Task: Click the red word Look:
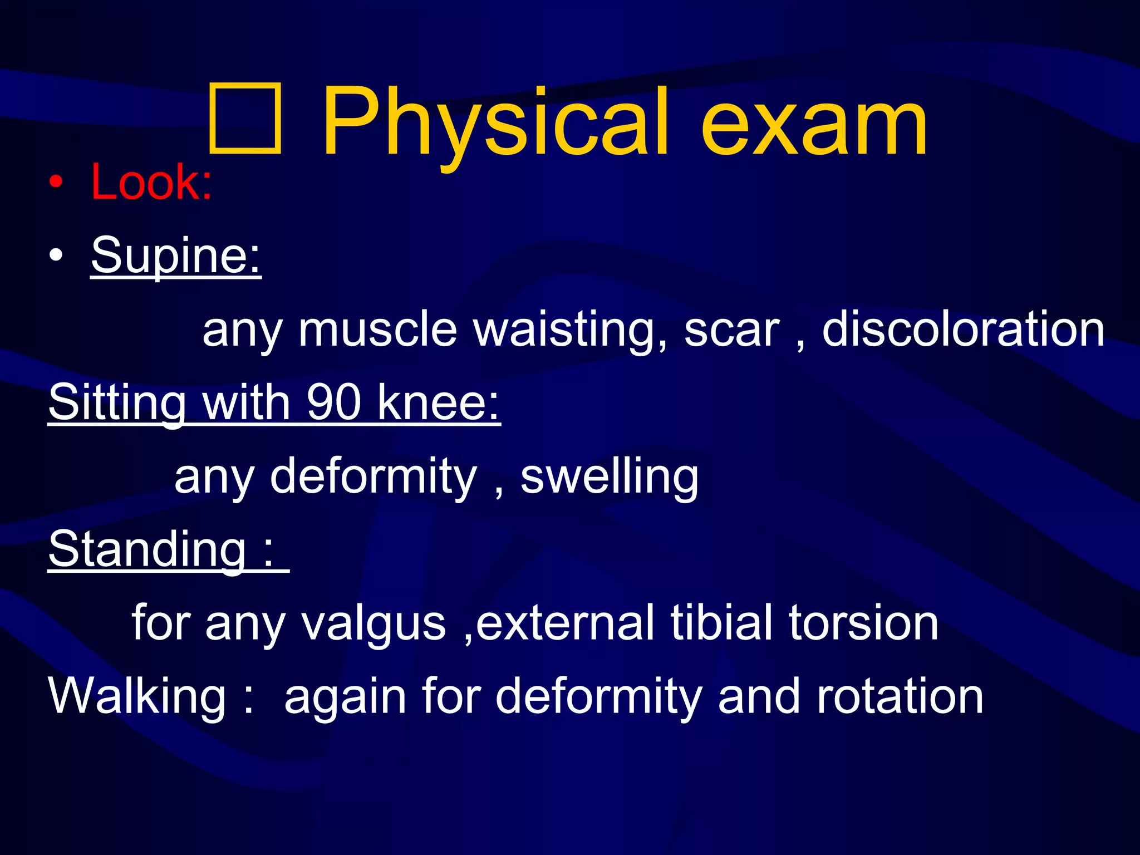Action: click(x=151, y=182)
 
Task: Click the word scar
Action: click(x=731, y=330)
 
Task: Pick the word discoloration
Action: click(x=963, y=330)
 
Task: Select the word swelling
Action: click(x=610, y=476)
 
